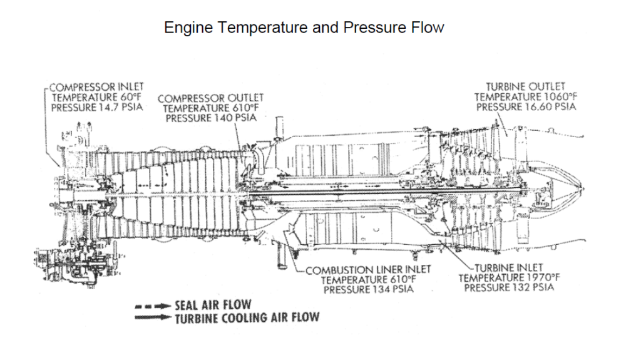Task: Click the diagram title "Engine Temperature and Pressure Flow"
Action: coord(304,28)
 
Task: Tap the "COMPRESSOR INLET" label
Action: coord(96,86)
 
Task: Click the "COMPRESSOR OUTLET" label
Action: coord(210,98)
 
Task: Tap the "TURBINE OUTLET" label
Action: coord(525,86)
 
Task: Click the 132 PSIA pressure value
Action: coord(531,287)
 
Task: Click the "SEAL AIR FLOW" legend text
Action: coord(213,305)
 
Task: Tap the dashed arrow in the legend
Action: coord(152,306)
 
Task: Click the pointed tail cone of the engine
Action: coord(573,186)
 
